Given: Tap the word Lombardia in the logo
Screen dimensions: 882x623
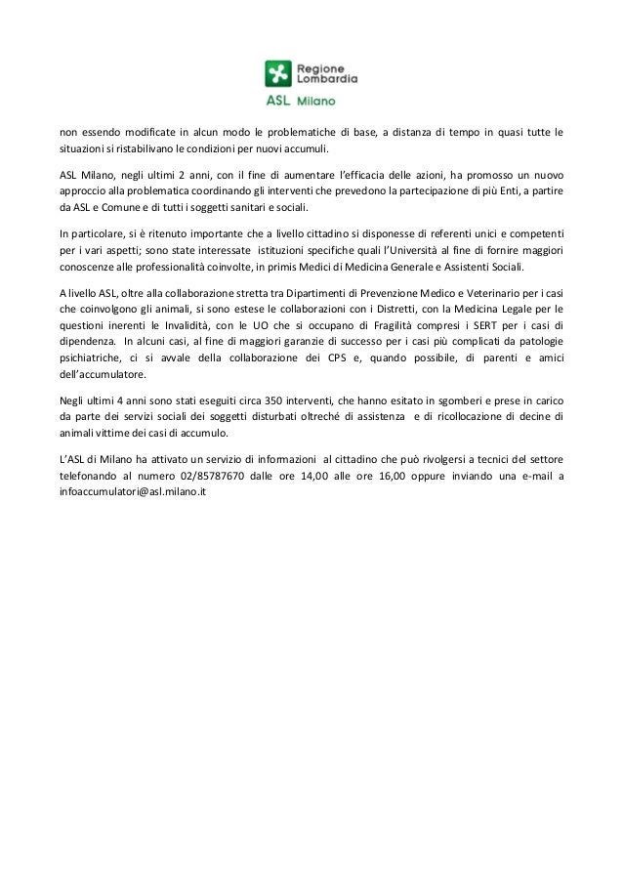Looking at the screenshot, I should [326, 77].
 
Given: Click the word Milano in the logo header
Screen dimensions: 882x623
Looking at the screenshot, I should [317, 100].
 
